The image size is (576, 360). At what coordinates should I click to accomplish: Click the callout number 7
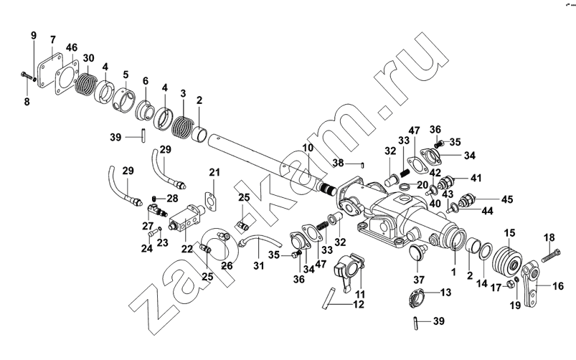[53, 39]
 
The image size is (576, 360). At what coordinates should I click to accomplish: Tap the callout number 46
[72, 47]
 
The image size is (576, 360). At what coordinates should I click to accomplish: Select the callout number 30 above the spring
[88, 58]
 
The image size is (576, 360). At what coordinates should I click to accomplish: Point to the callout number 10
[308, 148]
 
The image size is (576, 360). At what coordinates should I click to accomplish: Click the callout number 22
[187, 249]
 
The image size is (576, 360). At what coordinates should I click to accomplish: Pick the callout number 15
[509, 233]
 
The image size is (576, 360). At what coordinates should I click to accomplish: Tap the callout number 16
[558, 286]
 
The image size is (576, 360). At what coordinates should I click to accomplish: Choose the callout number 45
[507, 199]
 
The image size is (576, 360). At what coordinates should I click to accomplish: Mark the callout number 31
[259, 265]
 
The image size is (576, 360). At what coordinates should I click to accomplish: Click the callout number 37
[419, 280]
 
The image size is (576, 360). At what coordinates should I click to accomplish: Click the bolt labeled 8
[27, 76]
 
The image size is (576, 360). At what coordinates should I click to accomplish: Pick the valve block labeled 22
[186, 218]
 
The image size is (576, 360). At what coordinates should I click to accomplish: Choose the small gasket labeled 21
[211, 202]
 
